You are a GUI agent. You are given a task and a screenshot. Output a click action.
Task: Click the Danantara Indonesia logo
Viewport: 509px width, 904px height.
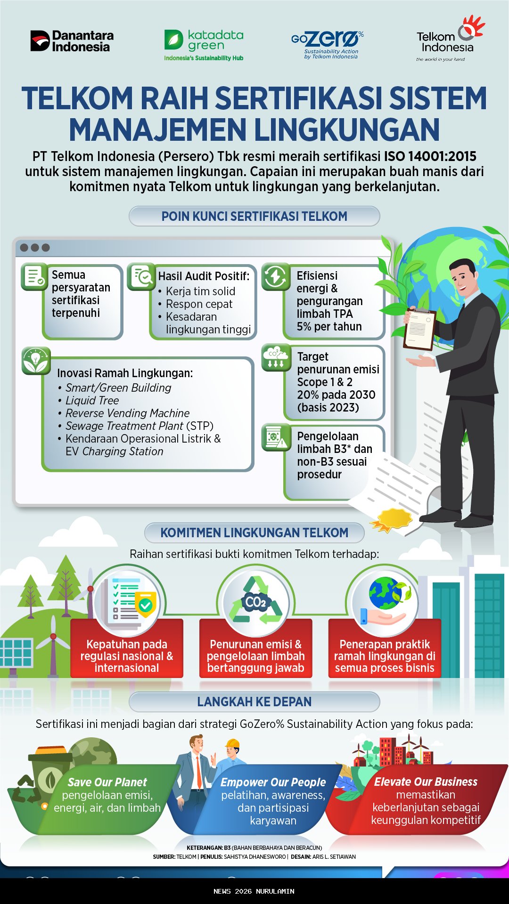(72, 41)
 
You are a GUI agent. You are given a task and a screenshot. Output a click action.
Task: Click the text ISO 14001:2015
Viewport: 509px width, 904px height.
(430, 156)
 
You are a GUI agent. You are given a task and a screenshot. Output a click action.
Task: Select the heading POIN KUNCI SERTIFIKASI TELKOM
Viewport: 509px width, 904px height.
(254, 217)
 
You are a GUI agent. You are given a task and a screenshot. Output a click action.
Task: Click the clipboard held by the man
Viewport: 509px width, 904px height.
(419, 329)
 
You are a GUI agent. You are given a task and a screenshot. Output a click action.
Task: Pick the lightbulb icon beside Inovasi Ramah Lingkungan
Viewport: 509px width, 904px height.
(36, 361)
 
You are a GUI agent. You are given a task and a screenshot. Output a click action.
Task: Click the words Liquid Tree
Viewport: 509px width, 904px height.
(92, 401)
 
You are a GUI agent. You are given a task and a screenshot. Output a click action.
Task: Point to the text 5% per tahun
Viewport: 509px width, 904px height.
(329, 327)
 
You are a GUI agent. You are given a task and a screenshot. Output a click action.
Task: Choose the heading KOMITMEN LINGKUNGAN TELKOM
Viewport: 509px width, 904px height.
(254, 533)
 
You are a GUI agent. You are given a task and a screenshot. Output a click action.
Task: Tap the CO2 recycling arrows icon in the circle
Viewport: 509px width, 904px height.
(255, 601)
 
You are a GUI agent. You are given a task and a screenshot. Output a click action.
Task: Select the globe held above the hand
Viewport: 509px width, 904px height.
(386, 594)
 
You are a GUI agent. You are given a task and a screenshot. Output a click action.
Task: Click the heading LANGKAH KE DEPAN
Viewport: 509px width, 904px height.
(254, 702)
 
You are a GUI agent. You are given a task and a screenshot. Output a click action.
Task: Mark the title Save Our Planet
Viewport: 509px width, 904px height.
(107, 783)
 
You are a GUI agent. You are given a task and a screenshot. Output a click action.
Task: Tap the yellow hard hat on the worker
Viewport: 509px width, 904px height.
(233, 743)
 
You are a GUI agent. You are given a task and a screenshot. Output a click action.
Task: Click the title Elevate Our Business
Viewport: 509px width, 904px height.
(426, 782)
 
